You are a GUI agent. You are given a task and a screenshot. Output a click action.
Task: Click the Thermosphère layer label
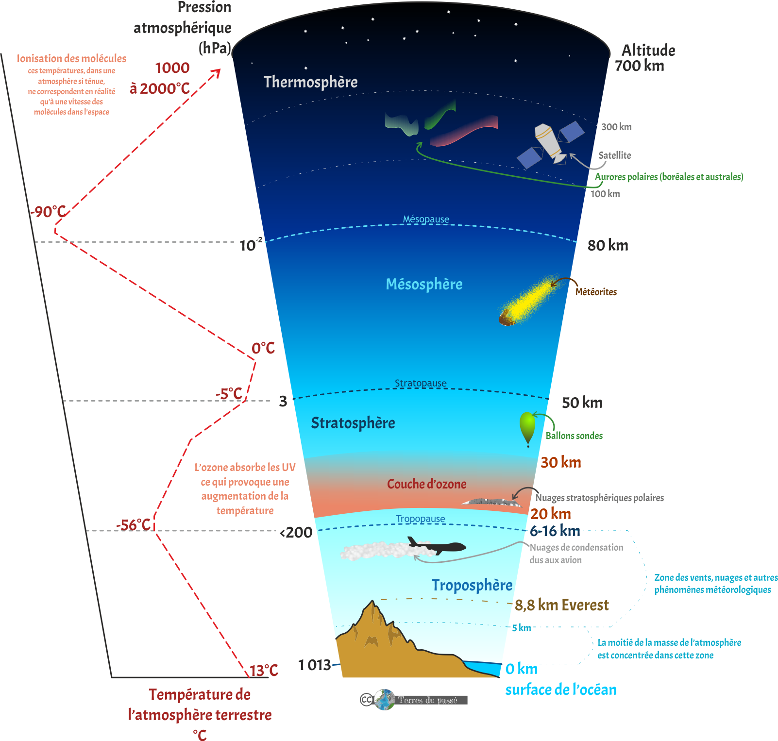310,82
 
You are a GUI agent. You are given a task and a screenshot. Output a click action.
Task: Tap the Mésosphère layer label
424,284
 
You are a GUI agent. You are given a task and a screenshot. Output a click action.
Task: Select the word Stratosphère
353,423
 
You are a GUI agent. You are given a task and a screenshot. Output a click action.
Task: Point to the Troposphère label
472,585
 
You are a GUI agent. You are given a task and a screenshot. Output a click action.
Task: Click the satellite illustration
550,144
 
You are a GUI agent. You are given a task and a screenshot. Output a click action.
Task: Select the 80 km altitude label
608,245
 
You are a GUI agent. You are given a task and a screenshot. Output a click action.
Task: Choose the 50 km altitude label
582,403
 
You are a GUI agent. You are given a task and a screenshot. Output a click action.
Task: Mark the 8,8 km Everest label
561,605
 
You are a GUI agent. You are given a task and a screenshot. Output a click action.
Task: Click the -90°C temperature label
48,212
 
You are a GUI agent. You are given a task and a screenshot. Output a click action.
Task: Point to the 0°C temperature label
263,348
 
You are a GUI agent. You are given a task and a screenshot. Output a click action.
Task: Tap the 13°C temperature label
264,671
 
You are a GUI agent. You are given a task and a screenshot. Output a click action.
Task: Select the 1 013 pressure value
314,665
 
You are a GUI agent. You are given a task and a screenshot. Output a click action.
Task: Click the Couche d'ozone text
426,484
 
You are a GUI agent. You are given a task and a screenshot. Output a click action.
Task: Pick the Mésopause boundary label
426,219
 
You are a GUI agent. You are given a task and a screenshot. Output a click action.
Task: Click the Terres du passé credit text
428,700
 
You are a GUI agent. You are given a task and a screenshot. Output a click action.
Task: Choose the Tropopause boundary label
420,519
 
